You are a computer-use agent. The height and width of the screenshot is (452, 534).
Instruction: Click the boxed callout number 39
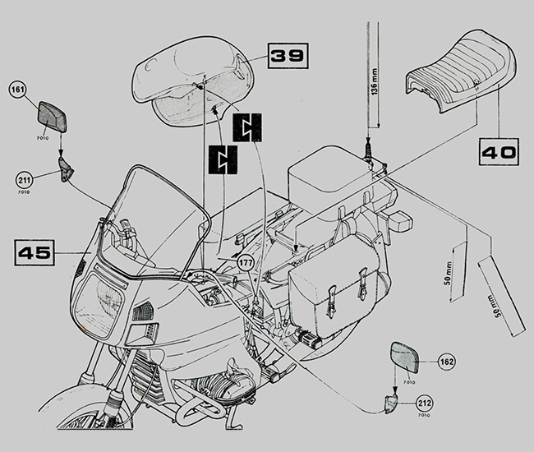[x=287, y=56]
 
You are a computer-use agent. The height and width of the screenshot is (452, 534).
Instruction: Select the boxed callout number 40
[x=499, y=152]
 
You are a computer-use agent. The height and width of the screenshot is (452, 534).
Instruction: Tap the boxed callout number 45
[x=34, y=254]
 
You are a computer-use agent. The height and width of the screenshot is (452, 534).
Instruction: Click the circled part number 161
[x=19, y=89]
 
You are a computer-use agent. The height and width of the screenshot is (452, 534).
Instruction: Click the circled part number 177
[x=246, y=262]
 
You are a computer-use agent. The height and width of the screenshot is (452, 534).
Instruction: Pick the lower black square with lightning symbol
[x=223, y=159]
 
